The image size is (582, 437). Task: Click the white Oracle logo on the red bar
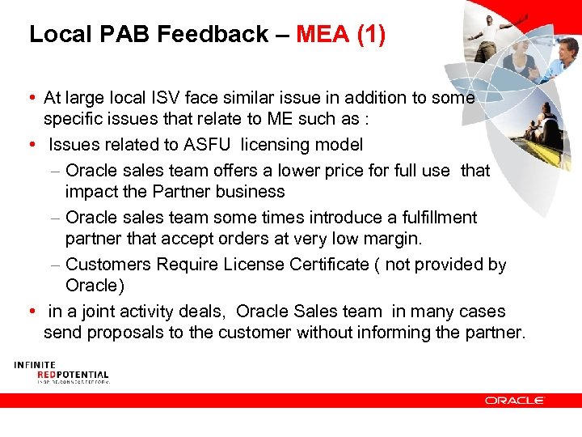tap(515, 400)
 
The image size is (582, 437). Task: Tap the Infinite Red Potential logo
tap(61, 373)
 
